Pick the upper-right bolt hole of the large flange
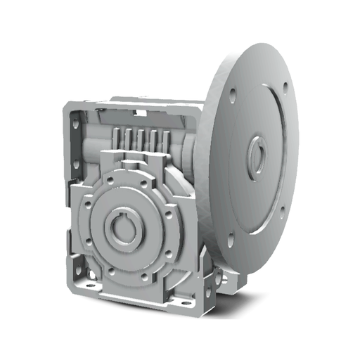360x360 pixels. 285,88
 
